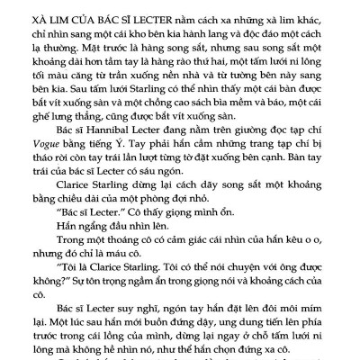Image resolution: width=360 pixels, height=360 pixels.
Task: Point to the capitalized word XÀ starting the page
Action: pyautogui.click(x=42, y=17)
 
